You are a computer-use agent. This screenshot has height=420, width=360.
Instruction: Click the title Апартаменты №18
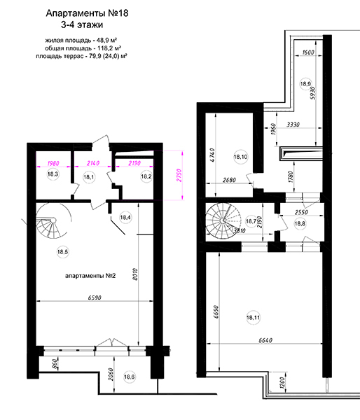[x=87, y=13]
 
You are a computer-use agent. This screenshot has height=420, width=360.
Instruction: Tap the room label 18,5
[x=62, y=252]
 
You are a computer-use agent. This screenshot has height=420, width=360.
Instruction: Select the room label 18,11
[x=253, y=318]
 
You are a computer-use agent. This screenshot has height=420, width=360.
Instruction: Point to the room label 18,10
[x=240, y=156]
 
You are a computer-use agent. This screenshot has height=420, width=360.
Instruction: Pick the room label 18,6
[x=129, y=377]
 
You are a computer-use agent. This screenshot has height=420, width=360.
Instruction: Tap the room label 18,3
[x=53, y=174]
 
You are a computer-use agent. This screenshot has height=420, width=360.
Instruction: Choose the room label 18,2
[x=146, y=176]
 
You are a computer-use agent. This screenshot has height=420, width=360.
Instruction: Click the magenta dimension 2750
[x=179, y=176]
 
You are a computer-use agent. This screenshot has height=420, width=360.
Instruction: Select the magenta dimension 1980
[x=53, y=163]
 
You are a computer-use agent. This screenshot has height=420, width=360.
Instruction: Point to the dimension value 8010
[x=135, y=274]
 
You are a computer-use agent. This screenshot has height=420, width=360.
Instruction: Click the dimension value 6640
[x=265, y=340]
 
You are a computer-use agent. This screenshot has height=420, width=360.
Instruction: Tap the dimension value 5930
[x=312, y=93]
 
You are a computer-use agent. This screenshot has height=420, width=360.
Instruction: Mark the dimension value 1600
[x=308, y=52]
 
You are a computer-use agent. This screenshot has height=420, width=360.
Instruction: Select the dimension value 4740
[x=212, y=156]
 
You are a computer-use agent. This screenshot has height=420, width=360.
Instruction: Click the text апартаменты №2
[x=90, y=276]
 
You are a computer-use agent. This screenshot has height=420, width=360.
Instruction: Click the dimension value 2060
[x=111, y=376]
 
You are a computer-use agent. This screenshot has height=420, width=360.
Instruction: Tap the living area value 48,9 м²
[x=105, y=41]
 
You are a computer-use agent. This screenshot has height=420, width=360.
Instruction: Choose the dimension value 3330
[x=293, y=125]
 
